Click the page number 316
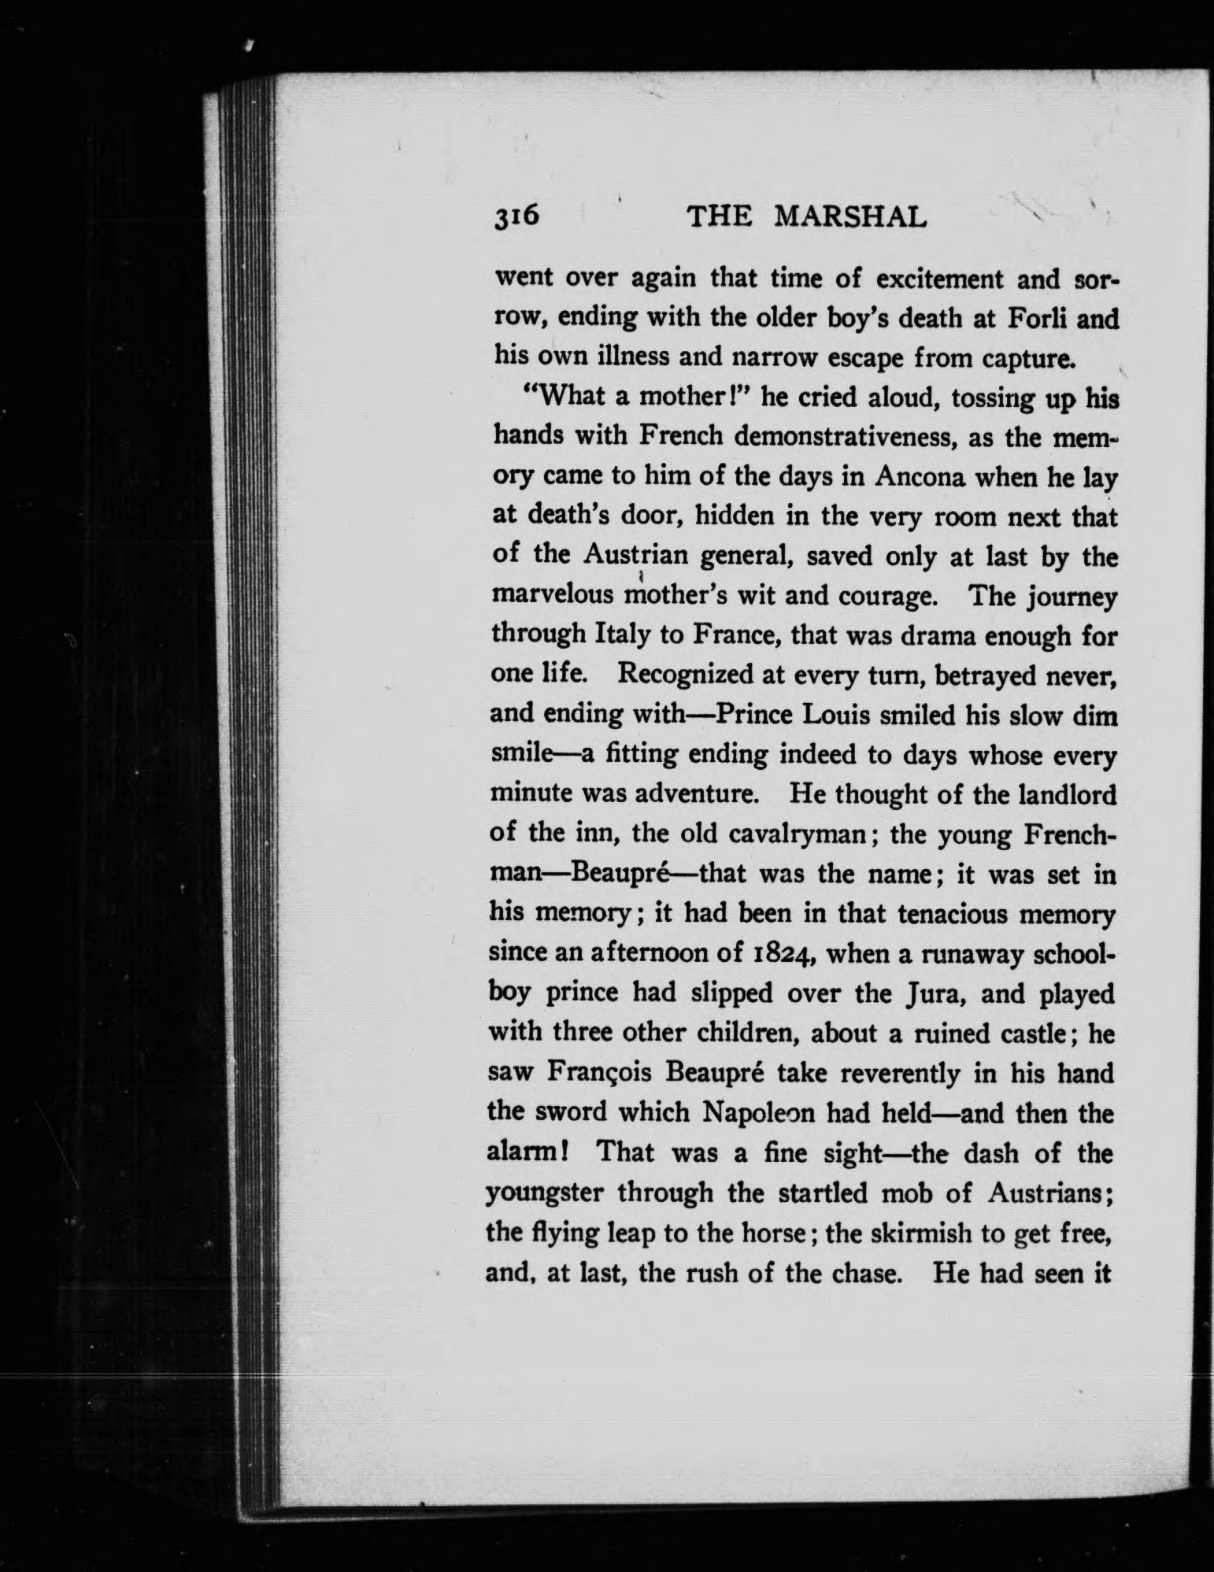tap(516, 216)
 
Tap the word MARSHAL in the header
tap(851, 217)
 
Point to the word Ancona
tap(792, 478)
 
